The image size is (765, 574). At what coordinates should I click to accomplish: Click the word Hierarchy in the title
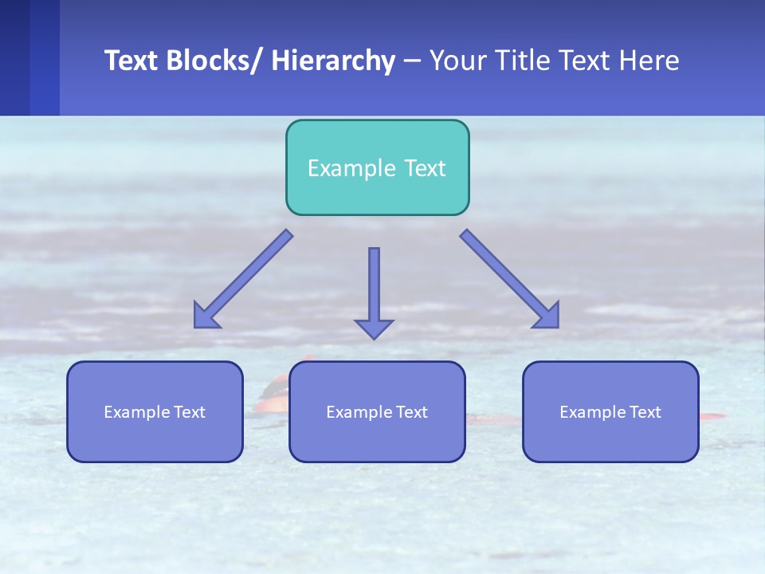[x=333, y=61]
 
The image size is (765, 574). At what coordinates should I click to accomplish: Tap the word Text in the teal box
[x=425, y=168]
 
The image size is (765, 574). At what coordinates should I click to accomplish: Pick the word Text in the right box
[x=645, y=412]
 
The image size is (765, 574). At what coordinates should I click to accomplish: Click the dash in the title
[x=412, y=61]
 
